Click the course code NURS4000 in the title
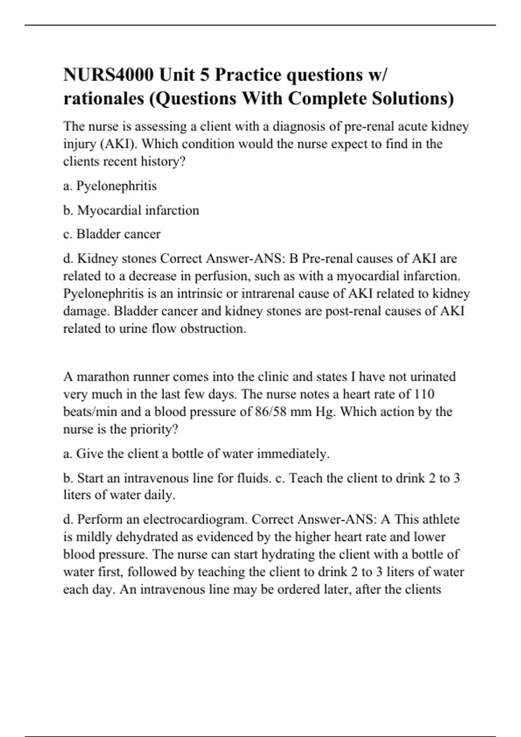tap(109, 75)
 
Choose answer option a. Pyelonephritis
tap(110, 186)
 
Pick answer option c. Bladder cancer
tap(112, 234)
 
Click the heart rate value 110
tap(424, 394)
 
